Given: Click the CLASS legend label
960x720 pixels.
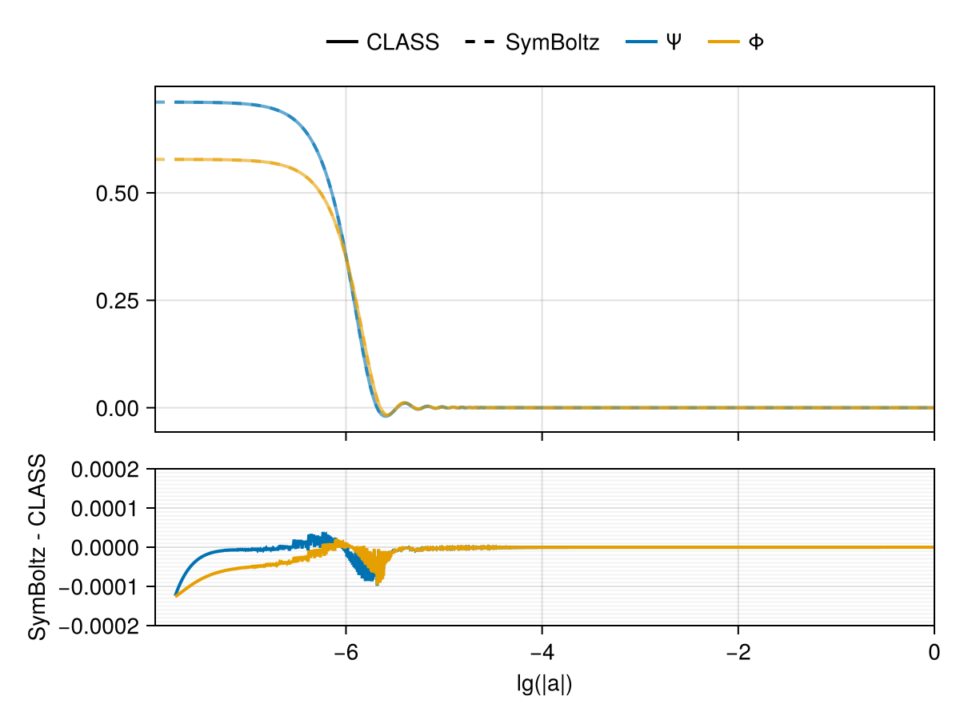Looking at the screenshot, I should click(x=402, y=42).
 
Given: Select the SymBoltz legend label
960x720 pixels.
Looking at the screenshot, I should click(x=552, y=42).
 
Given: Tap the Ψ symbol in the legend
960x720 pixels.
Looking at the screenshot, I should click(x=674, y=42).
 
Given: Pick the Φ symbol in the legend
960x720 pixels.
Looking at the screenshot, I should click(x=755, y=42).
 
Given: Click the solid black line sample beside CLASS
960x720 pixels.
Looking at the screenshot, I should click(x=342, y=42).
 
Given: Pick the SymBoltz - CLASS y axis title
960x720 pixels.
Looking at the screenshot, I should click(x=38, y=547).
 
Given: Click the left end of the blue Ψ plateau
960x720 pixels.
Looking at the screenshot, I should click(x=158, y=102).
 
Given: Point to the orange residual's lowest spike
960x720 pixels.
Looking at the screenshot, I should click(x=377, y=583).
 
